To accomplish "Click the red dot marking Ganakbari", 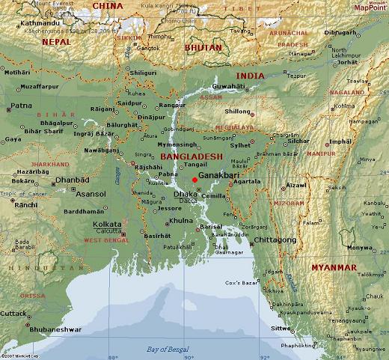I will coord(194,180).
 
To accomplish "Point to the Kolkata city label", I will coord(107,224).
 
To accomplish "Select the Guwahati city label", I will coord(229,88).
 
